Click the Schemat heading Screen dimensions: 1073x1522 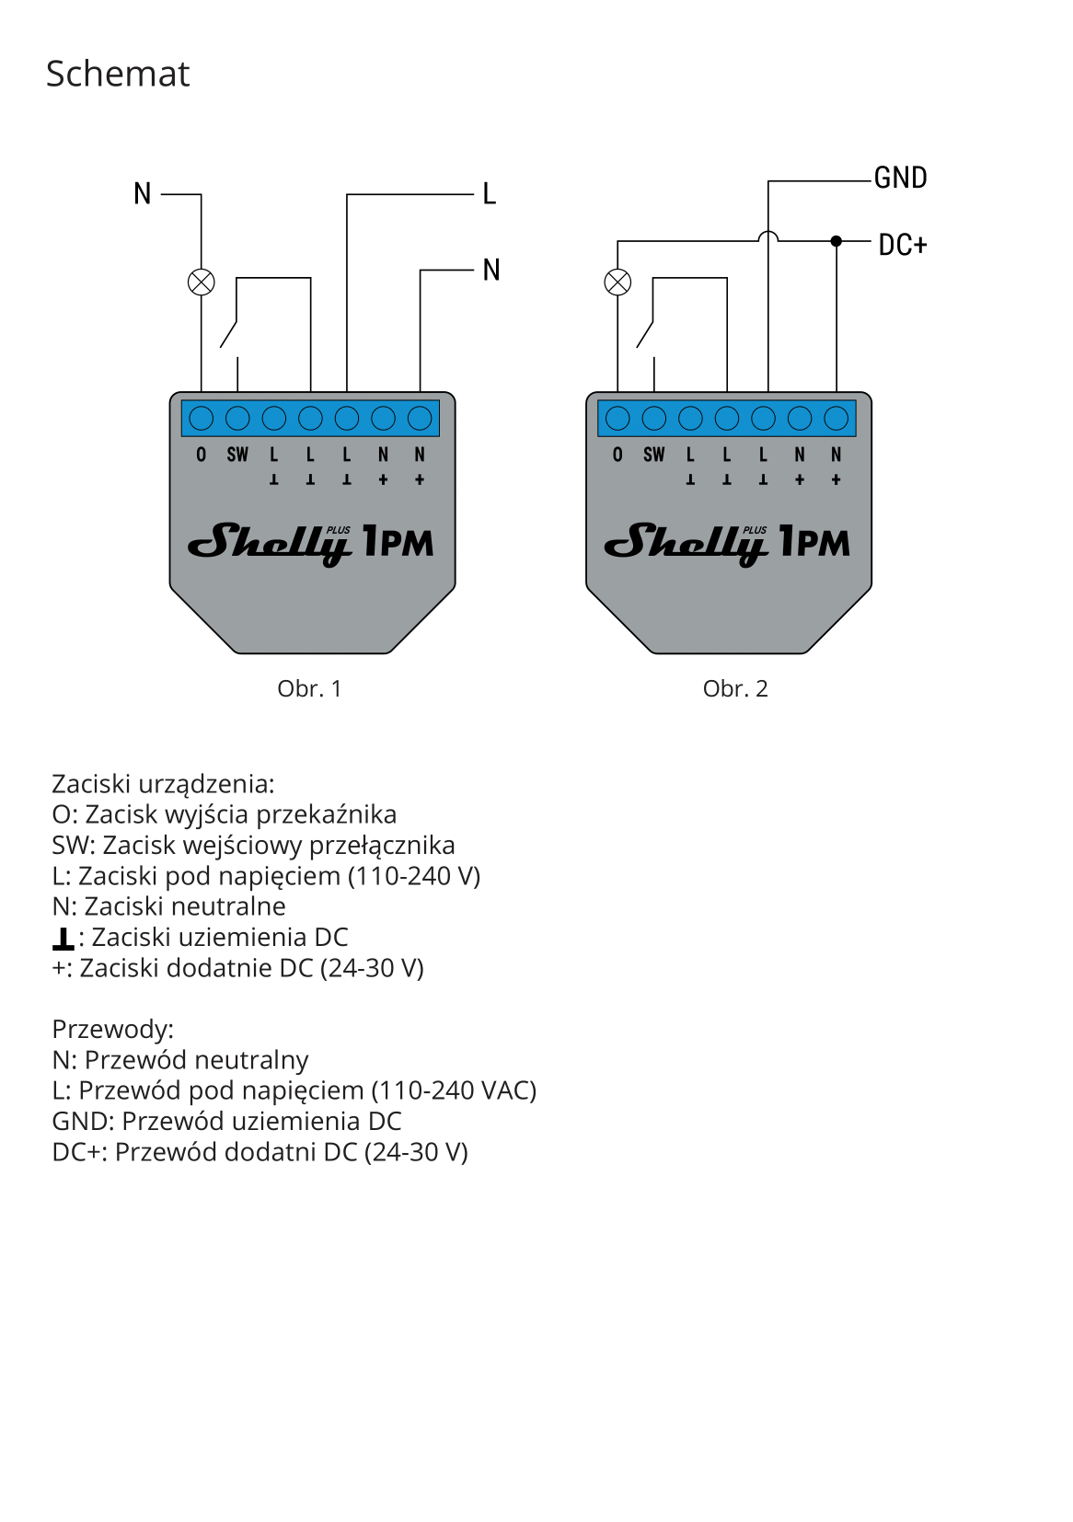118,74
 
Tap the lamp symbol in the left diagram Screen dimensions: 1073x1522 202,282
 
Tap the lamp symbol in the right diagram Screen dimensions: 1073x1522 617,282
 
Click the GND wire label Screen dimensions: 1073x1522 900,178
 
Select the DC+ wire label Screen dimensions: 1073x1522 903,245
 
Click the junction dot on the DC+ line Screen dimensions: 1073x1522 836,241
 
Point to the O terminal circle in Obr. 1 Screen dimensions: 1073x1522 202,418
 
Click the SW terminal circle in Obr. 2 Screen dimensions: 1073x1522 653,418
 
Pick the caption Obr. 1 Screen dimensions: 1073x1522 309,688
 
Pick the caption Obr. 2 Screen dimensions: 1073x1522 735,688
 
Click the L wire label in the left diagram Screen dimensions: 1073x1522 490,193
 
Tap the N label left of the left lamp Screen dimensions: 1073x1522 142,193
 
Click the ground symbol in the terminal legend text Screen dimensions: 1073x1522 63,939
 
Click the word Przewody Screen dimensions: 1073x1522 113,1030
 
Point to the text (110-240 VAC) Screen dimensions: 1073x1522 454,1090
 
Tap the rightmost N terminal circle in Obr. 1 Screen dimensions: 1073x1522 420,418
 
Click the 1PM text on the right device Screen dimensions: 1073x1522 814,541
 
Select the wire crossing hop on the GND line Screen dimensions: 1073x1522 767,236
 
